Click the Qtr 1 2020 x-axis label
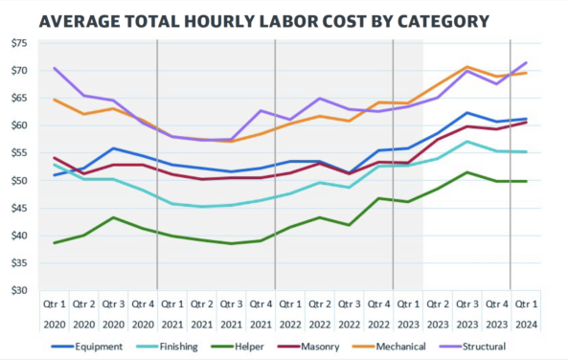coord(54,315)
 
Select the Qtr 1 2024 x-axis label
coord(526,315)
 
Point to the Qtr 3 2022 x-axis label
coord(349,315)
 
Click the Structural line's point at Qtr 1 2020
coord(54,68)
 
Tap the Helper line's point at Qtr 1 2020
coord(54,243)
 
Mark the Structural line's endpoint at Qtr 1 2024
coord(526,63)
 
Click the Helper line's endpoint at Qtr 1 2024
coord(526,181)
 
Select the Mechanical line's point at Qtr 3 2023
coord(466,67)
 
